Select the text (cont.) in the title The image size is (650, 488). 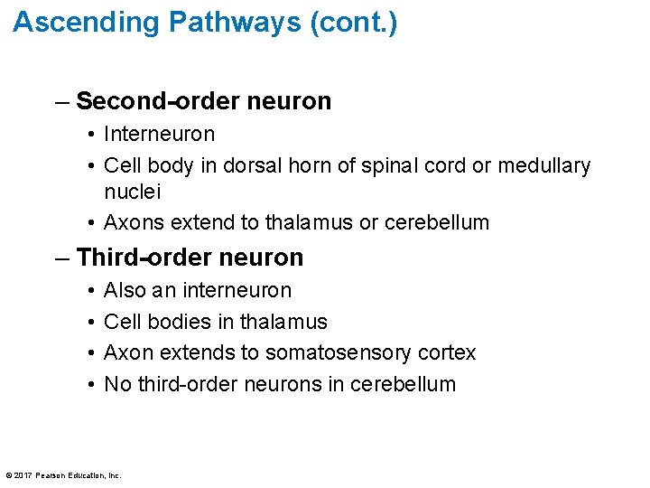click(352, 22)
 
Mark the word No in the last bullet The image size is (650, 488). click(116, 384)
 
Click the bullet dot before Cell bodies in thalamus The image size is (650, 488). click(93, 322)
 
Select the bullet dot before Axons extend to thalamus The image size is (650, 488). click(93, 222)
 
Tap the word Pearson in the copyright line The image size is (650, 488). click(52, 474)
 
